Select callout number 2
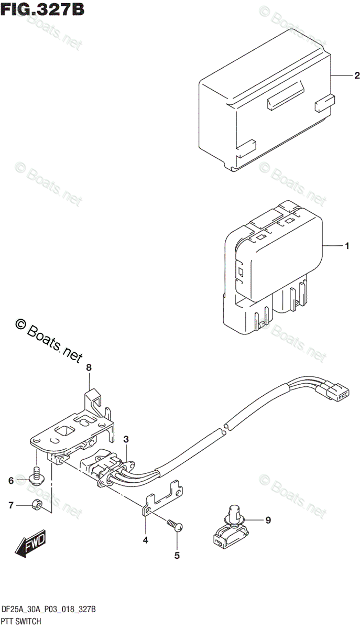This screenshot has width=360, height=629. coord(357,76)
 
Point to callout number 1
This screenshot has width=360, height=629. coord(346,245)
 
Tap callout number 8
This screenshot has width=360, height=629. coord(89,368)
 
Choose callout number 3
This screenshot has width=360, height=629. coord(126,439)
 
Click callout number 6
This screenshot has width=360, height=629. coord(10,480)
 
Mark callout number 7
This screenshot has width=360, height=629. coord(10,505)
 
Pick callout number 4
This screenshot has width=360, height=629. coord(146,540)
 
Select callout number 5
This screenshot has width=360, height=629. coord(177,555)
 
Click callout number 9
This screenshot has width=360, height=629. coord(268,520)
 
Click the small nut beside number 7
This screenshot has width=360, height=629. coord(36,505)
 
